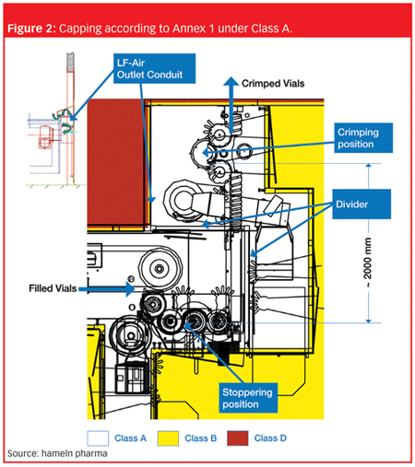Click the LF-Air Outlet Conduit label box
pyautogui.click(x=154, y=68)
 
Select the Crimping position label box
pyautogui.click(x=363, y=138)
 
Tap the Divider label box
pyautogui.click(x=362, y=204)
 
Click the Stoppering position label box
pyautogui.click(x=248, y=398)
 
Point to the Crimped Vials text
pyautogui.click(x=273, y=84)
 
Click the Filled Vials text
pyautogui.click(x=53, y=288)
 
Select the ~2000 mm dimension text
pyautogui.click(x=368, y=263)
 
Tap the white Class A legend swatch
pyautogui.click(x=98, y=438)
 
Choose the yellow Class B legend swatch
pyautogui.click(x=168, y=438)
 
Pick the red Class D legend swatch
pyautogui.click(x=238, y=438)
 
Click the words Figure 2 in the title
pyautogui.click(x=30, y=29)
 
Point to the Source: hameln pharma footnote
pyautogui.click(x=57, y=453)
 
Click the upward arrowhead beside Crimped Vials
pyautogui.click(x=231, y=81)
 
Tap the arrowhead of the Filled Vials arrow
pyautogui.click(x=130, y=288)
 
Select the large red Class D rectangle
pyautogui.click(x=115, y=162)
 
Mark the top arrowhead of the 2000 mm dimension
pyautogui.click(x=369, y=167)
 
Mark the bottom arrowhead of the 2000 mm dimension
pyautogui.click(x=369, y=320)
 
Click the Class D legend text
pyautogui.click(x=270, y=438)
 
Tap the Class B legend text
pyautogui.click(x=201, y=438)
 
